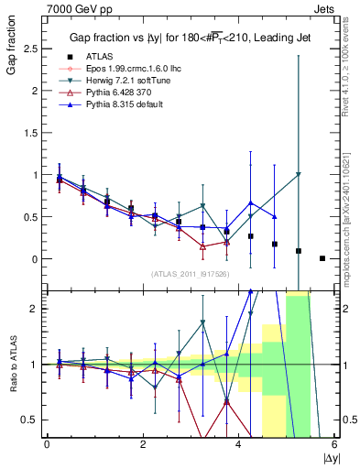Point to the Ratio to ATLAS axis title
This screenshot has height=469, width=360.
click(x=13, y=364)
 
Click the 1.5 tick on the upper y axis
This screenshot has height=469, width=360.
click(x=32, y=133)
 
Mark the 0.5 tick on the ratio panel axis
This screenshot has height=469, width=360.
click(x=32, y=420)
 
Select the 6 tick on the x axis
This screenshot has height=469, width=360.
click(x=334, y=445)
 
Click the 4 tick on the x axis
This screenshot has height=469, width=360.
click(x=238, y=445)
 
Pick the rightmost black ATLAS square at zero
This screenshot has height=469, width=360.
click(x=322, y=258)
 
